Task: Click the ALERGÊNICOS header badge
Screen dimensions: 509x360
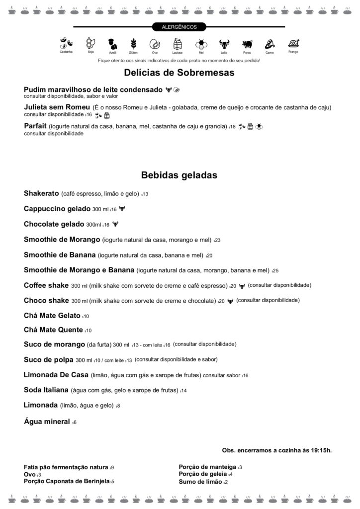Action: pos(180,27)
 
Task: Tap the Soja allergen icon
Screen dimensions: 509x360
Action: pos(90,43)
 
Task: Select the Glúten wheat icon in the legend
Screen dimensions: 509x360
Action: pos(133,43)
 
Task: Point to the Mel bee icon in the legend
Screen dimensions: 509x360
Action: pos(201,43)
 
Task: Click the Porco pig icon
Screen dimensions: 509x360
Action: pos(247,43)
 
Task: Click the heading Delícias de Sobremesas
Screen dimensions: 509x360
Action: pos(179,73)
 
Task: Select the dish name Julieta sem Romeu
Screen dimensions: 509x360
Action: pos(57,107)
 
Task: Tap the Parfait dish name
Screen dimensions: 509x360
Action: pos(35,126)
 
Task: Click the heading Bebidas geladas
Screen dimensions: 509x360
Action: pos(179,175)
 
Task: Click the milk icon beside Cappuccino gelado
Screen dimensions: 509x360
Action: pos(122,209)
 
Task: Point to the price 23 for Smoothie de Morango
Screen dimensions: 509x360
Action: pos(217,240)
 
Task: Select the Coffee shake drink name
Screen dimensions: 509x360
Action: pos(46,285)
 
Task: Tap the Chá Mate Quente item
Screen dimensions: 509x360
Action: pos(54,330)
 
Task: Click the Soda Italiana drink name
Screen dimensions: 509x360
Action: pos(46,390)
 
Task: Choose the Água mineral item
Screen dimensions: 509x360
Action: pos(47,422)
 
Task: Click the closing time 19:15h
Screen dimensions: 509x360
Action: pos(320,450)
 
